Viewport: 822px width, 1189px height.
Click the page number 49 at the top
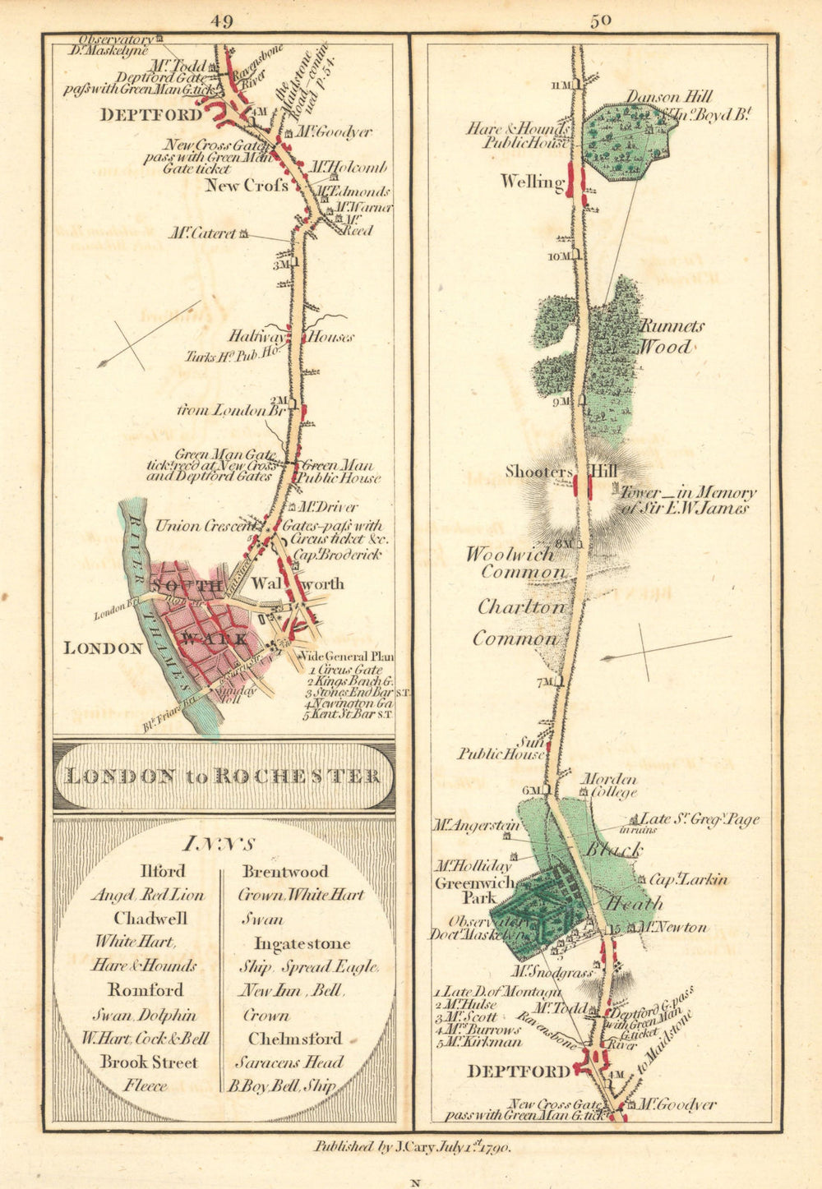click(x=220, y=22)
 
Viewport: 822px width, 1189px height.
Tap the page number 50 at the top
click(x=600, y=21)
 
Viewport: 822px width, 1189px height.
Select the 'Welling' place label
click(x=529, y=182)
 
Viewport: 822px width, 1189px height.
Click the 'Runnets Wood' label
click(x=672, y=336)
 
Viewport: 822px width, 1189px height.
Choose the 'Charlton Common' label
click(x=521, y=623)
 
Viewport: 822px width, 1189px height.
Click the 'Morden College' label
click(x=609, y=786)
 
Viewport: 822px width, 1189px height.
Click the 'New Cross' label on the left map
click(x=247, y=186)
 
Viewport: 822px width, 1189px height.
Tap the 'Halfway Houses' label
click(x=291, y=336)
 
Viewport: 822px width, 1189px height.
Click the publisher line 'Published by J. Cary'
click(x=412, y=1148)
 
